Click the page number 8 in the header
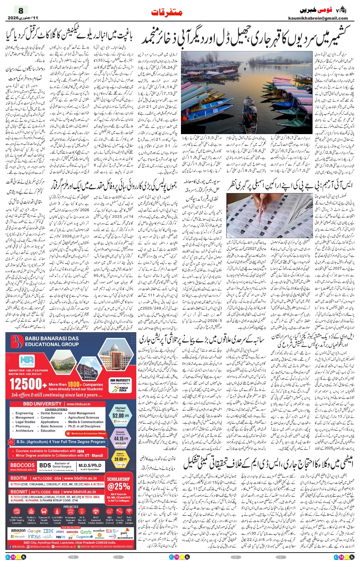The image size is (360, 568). pos(21,10)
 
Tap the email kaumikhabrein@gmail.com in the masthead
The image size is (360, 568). pos(318,18)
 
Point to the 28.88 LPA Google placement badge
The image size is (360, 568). pos(120,459)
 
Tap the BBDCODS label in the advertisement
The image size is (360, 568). pos(22,465)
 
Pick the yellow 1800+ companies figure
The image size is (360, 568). pos(74,384)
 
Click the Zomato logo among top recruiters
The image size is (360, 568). pos(72,532)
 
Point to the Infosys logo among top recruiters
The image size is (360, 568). pos(34,536)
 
